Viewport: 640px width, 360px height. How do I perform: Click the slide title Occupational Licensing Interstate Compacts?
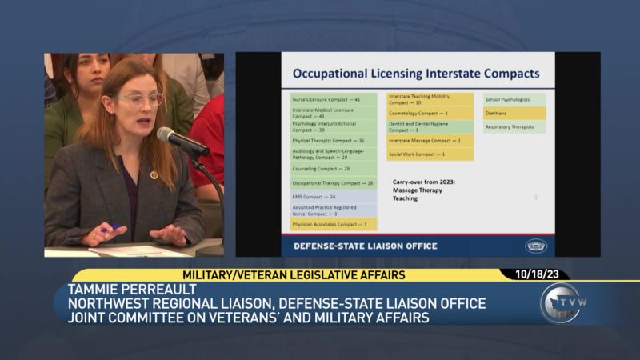(416, 74)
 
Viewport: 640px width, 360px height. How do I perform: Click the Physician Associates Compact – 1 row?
(333, 225)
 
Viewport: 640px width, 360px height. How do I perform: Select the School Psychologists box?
(514, 99)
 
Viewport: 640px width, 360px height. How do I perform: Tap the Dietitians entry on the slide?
(514, 113)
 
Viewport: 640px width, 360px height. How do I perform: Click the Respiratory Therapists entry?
(514, 126)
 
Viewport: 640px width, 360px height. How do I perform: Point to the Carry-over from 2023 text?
(424, 182)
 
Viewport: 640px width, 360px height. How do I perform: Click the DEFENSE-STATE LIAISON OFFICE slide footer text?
(366, 246)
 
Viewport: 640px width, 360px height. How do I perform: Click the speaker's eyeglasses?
(141, 99)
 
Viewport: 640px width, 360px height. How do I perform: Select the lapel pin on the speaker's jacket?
(154, 174)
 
